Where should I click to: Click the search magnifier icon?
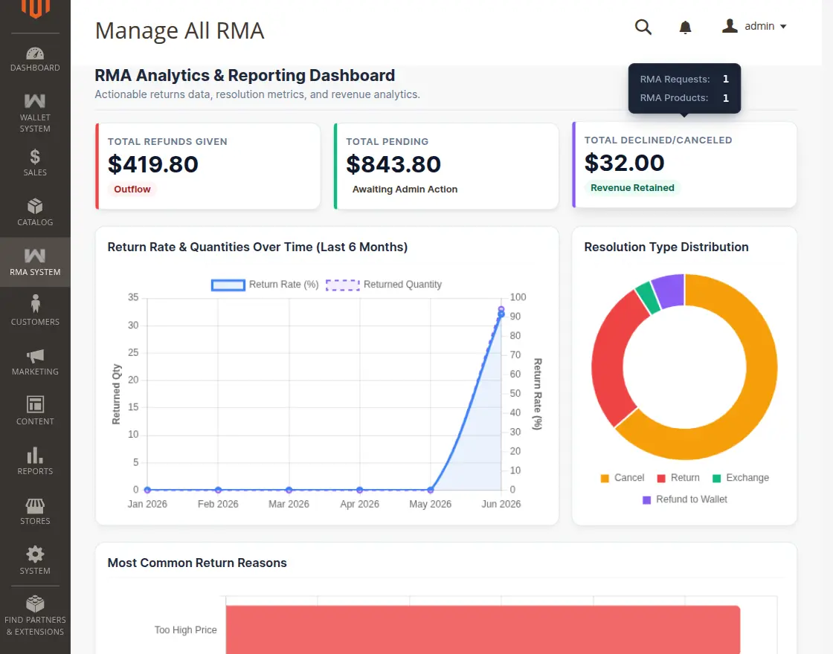click(643, 27)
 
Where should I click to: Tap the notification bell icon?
click(685, 27)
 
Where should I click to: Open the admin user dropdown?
click(754, 26)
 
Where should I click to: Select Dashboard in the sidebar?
click(35, 59)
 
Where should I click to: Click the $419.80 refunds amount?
click(153, 164)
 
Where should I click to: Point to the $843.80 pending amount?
click(393, 164)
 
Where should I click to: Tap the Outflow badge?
click(132, 189)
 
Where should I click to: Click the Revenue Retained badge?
click(632, 187)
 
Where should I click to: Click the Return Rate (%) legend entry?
click(265, 285)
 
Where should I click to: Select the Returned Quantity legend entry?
click(384, 285)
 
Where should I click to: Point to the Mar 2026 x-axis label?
click(289, 504)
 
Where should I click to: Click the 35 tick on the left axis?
click(133, 297)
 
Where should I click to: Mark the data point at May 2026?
click(431, 490)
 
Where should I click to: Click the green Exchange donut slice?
click(648, 297)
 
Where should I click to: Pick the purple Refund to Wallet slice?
click(669, 291)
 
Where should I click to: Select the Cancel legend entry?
click(622, 478)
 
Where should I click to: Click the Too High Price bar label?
click(185, 629)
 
